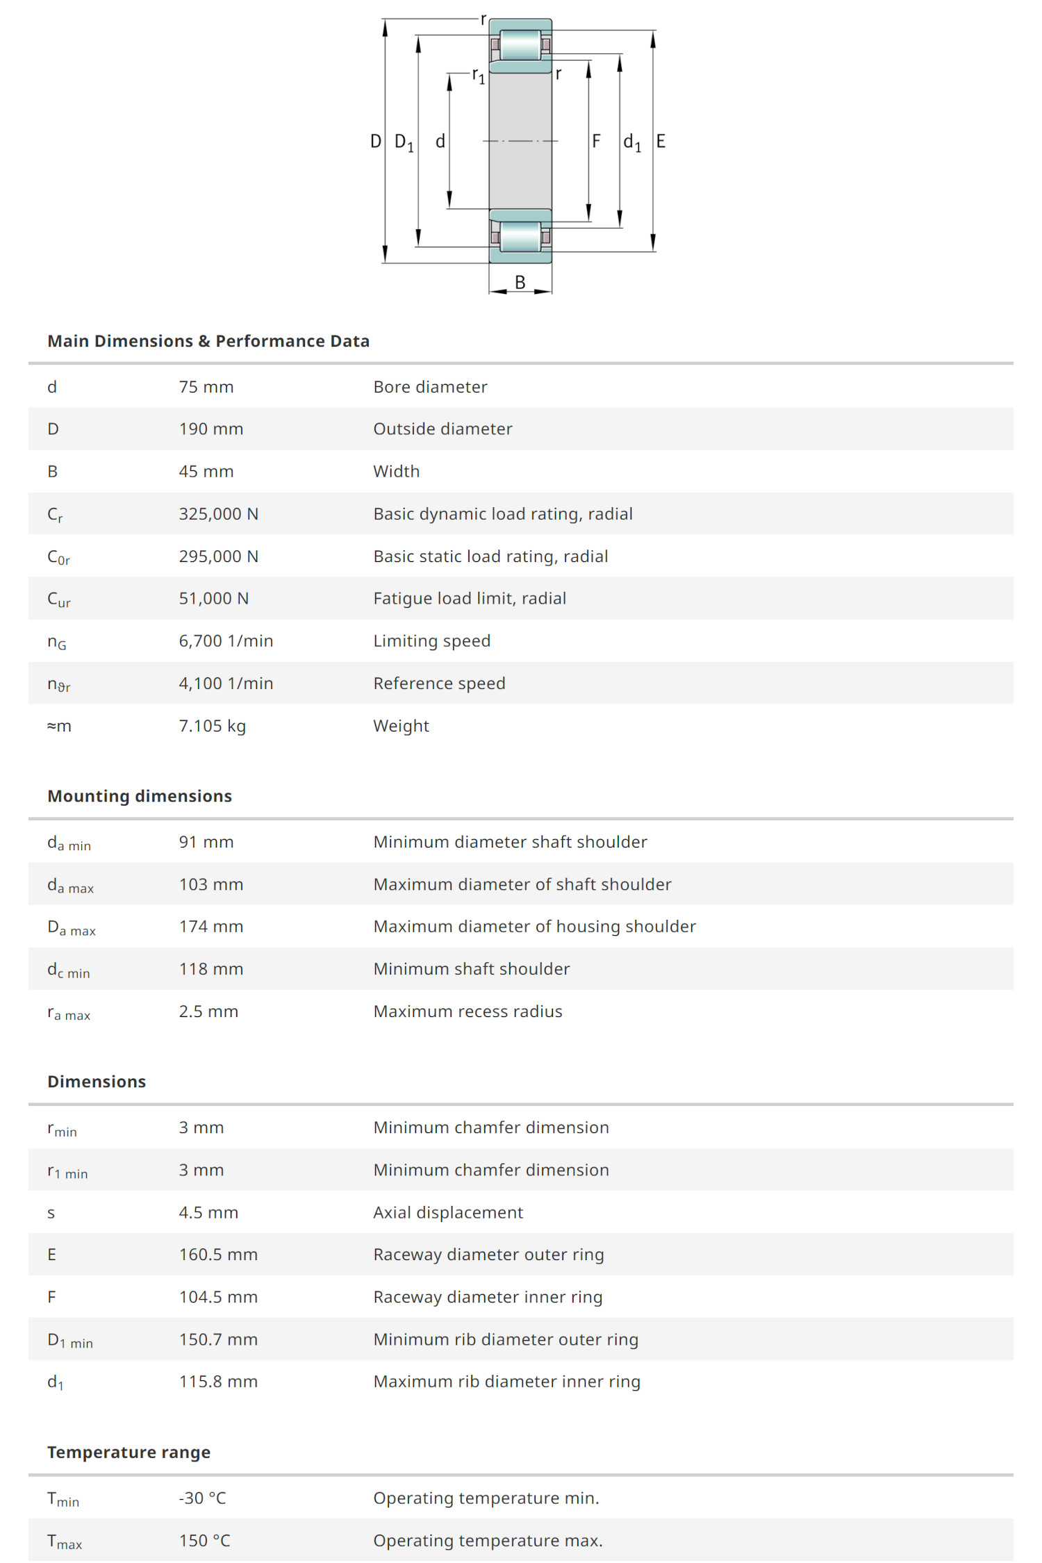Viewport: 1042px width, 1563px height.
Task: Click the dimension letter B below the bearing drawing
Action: (520, 282)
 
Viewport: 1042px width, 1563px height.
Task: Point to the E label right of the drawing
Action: (661, 142)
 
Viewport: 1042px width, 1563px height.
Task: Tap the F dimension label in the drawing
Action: (596, 142)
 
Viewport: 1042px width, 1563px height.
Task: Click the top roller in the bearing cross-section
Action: (520, 45)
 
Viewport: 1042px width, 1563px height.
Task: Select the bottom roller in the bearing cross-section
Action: (520, 236)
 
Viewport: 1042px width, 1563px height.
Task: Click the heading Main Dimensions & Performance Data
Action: (208, 341)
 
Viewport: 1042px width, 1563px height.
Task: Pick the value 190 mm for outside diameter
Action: (211, 429)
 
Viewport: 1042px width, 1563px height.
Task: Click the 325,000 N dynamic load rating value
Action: (219, 514)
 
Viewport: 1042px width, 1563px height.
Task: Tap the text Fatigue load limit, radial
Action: (470, 599)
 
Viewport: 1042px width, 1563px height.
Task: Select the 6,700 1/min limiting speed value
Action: (226, 641)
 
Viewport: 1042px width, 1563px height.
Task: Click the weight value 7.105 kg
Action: (213, 726)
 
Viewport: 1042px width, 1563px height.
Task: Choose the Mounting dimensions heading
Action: (140, 796)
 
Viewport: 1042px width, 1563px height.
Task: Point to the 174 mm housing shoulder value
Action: (211, 927)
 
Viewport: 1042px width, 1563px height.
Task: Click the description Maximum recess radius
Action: (468, 1011)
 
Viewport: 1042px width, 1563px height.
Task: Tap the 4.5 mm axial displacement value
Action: (208, 1213)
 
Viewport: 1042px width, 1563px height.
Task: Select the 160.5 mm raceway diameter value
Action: (218, 1255)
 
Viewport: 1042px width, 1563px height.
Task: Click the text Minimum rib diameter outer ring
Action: (506, 1339)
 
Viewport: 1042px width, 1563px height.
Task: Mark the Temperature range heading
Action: (129, 1453)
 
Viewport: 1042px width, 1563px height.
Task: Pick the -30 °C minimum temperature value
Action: (202, 1498)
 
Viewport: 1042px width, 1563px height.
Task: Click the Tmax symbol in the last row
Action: (65, 1541)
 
